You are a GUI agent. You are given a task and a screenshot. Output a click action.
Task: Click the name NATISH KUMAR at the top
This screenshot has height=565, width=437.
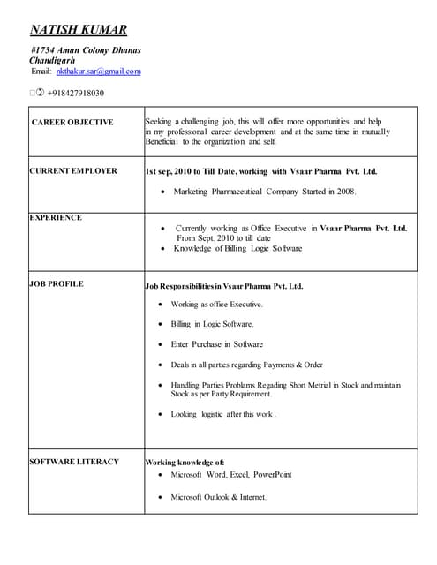pyautogui.click(x=79, y=30)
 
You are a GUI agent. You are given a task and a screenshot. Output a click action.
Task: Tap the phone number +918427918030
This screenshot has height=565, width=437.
pyautogui.click(x=75, y=93)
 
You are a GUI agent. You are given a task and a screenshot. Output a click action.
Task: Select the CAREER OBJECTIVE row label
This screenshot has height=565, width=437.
pyautogui.click(x=72, y=123)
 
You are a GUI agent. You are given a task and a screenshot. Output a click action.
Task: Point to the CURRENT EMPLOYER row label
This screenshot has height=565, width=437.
pyautogui.click(x=73, y=171)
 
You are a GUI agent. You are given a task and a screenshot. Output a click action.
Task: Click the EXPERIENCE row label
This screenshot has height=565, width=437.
pyautogui.click(x=56, y=217)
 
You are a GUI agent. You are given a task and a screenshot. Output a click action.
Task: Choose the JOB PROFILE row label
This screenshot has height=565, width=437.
pyautogui.click(x=57, y=284)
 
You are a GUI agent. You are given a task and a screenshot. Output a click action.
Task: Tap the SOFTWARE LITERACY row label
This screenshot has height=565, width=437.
pyautogui.click(x=74, y=462)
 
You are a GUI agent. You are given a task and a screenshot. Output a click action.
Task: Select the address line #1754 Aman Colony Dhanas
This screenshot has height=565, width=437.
pyautogui.click(x=86, y=50)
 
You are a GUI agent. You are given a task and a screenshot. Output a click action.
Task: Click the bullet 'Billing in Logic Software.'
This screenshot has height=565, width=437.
pyautogui.click(x=212, y=324)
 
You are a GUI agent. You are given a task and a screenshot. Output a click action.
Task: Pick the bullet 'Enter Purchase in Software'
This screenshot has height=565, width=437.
pyautogui.click(x=216, y=344)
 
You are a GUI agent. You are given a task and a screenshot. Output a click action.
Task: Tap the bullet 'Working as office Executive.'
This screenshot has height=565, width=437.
pyautogui.click(x=216, y=305)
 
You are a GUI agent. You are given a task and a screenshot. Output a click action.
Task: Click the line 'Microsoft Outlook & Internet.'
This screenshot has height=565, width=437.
pyautogui.click(x=218, y=497)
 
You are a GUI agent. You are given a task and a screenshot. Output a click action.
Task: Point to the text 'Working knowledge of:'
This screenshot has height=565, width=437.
pyautogui.click(x=185, y=462)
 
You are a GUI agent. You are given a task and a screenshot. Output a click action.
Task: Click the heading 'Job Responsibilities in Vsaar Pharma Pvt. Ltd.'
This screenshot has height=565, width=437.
pyautogui.click(x=224, y=286)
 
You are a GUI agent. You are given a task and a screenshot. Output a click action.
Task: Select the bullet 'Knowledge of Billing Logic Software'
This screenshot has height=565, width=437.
pyautogui.click(x=237, y=249)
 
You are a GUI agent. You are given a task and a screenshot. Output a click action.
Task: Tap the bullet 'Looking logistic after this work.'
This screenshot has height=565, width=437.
pyautogui.click(x=223, y=414)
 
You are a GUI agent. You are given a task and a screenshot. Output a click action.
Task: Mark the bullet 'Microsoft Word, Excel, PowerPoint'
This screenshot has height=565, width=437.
pyautogui.click(x=230, y=474)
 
